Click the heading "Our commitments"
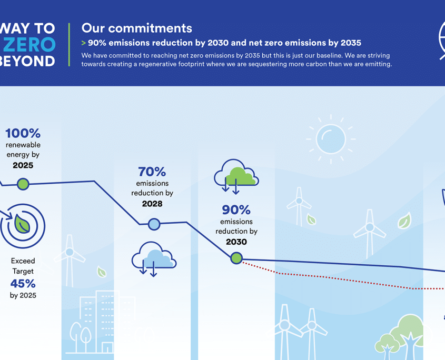(x=136, y=28)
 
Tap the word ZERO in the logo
(x=29, y=45)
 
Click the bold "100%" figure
(x=23, y=133)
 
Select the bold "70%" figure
(x=152, y=172)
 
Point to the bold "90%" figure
(x=236, y=210)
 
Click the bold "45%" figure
(x=23, y=283)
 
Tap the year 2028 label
(x=152, y=204)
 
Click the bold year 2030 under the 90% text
(x=236, y=242)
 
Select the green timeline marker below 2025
(x=23, y=184)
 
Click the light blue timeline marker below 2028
(x=154, y=224)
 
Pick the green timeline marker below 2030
(x=236, y=258)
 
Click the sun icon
(x=331, y=139)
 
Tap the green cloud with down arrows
(x=236, y=176)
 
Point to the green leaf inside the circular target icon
(x=22, y=224)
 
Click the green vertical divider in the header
(x=69, y=45)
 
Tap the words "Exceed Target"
(x=23, y=266)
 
